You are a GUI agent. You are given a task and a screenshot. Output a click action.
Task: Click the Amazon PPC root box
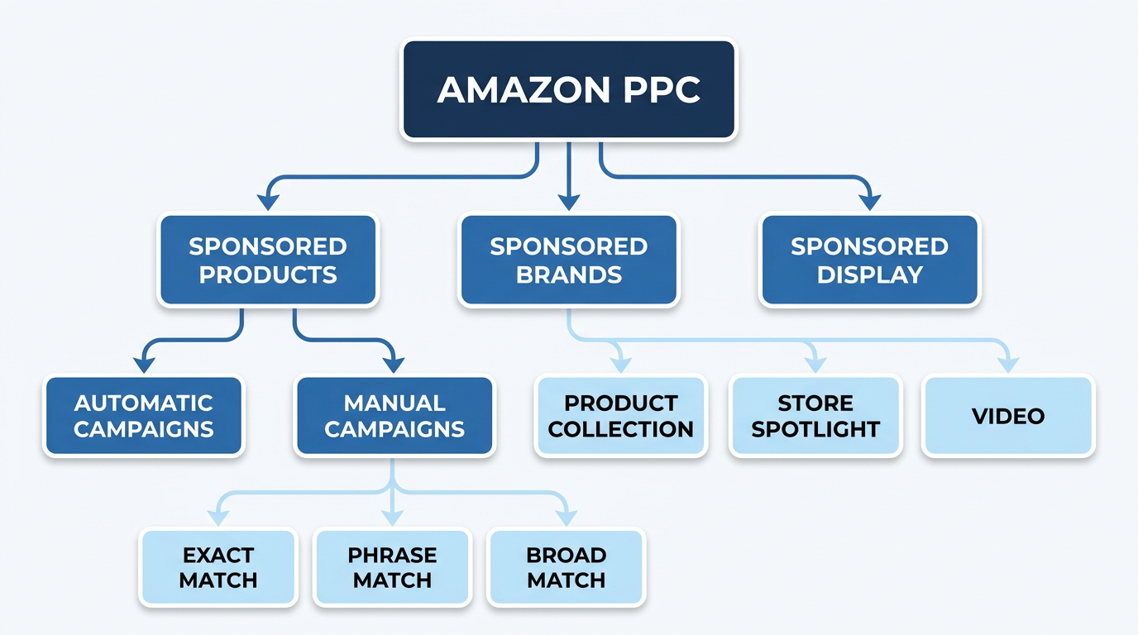568,91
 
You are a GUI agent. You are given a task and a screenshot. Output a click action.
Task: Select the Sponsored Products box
267,260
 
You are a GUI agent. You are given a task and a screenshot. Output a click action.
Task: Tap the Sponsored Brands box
568,260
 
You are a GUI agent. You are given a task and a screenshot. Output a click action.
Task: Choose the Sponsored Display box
869,260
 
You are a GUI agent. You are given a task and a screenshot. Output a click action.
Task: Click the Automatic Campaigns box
144,416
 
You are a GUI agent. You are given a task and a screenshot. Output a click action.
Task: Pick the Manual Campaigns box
394,416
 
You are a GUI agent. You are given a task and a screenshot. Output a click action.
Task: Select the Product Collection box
620,416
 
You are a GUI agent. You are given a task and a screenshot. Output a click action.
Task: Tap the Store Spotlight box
815,416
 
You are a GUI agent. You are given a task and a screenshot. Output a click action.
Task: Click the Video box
1008,416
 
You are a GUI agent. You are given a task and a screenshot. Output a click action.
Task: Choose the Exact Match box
218,568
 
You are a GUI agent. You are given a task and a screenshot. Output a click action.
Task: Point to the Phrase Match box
392,568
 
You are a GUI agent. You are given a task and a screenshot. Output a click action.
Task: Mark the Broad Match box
566,568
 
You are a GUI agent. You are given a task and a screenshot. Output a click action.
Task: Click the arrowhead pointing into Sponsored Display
869,202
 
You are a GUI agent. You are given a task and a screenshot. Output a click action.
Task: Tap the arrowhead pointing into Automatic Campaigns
144,364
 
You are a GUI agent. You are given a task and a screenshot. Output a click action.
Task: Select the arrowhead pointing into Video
1008,364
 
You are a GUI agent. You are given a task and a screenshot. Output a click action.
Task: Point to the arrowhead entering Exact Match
218,517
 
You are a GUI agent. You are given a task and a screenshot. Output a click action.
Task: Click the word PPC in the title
658,91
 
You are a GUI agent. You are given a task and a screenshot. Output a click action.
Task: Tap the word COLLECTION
620,429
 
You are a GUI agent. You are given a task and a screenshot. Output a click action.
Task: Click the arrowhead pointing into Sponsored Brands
568,202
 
